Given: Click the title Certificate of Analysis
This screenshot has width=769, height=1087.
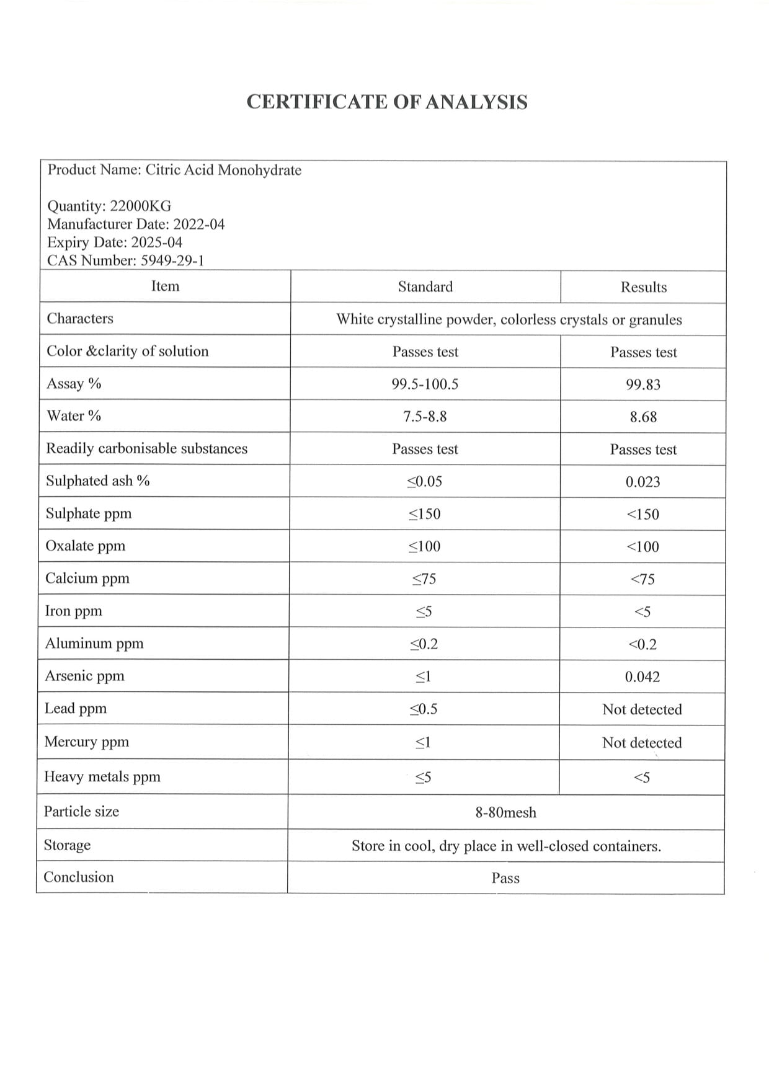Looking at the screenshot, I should point(387,102).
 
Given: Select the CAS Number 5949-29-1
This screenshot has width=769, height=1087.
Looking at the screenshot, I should point(172,260).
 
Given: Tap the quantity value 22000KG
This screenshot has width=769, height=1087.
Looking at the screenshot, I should point(140,206).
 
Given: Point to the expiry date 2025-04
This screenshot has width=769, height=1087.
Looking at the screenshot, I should point(156,242).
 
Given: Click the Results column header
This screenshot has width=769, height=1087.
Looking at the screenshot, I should point(644,287).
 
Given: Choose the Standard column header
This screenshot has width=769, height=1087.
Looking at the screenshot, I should point(425,286).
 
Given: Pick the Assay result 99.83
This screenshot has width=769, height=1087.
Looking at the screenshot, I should point(643,384).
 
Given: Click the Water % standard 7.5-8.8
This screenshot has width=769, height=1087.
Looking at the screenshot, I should point(425,417).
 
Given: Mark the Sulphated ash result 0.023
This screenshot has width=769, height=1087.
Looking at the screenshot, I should point(642,482).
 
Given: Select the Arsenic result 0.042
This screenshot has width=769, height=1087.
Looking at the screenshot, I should point(642,677).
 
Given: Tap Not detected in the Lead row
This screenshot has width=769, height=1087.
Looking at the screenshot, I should point(642,709).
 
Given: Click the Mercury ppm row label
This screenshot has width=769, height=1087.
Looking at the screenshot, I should point(87,742).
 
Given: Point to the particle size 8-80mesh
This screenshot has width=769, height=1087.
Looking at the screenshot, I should point(505,812).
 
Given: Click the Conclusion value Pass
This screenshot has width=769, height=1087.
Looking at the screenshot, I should point(505,878).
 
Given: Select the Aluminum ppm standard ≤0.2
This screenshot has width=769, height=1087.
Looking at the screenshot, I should point(424,644).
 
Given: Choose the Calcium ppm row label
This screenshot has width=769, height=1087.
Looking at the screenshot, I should point(87,578).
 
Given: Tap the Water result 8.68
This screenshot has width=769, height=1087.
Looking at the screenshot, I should point(643,417).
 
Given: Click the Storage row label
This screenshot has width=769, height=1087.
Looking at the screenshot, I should point(67,845).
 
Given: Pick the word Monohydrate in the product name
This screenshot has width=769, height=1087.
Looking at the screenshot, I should point(260,170).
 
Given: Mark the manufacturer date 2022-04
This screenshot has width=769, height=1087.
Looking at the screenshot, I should point(199,224).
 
